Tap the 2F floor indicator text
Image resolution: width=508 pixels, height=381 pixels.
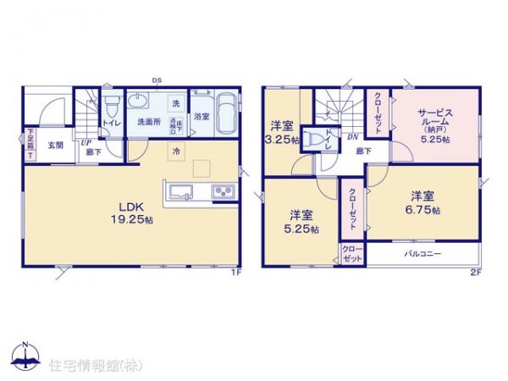pos(475,273)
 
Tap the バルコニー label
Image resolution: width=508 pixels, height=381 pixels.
pos(420,253)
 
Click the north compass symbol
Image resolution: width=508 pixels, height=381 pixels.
pos(25,355)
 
